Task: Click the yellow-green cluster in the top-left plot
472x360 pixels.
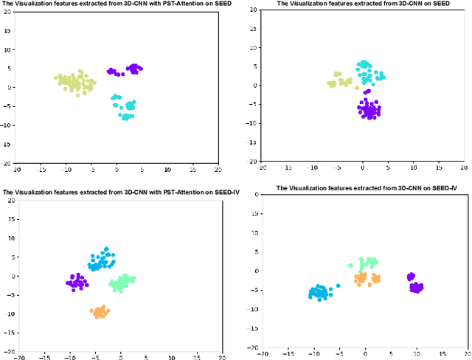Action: tap(74, 82)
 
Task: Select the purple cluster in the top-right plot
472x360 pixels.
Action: tap(369, 110)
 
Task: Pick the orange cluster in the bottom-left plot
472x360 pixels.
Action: tap(100, 312)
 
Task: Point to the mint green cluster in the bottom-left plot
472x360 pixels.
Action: tap(122, 281)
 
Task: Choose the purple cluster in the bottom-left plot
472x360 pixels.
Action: tap(76, 283)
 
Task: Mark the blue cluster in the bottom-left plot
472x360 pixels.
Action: tap(102, 260)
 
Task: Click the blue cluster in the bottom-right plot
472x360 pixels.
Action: tap(319, 292)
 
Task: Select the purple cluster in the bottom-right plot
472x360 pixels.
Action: tap(416, 285)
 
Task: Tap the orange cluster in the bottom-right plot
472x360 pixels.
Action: tap(366, 279)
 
